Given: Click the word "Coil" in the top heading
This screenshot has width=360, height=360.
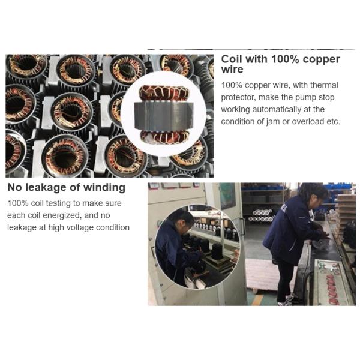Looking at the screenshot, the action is [x=232, y=59].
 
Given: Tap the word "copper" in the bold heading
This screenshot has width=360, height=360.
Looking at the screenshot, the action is [x=321, y=59].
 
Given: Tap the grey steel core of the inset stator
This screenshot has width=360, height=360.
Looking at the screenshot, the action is [x=163, y=116].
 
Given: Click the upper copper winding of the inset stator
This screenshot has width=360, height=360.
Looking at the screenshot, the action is [x=164, y=94].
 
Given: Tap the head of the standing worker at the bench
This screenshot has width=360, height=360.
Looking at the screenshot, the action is [x=314, y=195].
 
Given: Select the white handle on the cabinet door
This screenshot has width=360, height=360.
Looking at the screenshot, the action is [x=242, y=226].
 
